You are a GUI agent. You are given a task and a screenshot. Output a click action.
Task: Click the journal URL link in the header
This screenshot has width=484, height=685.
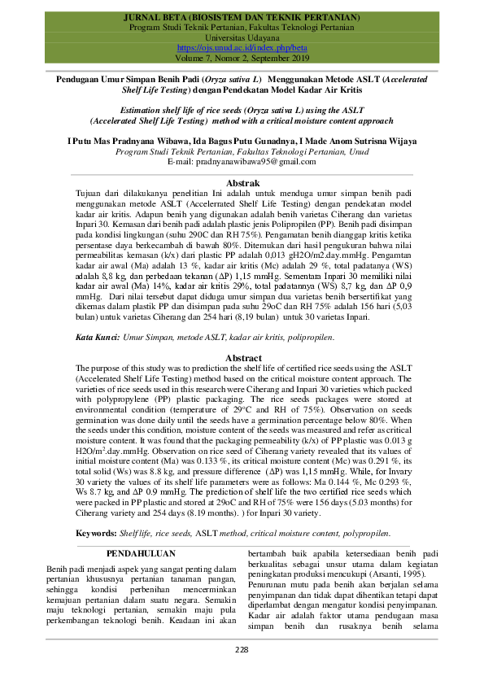242,48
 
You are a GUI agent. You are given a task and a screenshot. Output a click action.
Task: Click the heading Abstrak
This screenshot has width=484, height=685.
242,183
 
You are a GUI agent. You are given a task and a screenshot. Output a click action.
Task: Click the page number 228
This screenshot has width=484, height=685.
242,649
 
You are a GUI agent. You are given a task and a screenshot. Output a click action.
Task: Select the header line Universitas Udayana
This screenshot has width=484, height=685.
242,37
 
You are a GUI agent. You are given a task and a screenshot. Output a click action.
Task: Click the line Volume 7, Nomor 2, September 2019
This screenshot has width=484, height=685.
242,58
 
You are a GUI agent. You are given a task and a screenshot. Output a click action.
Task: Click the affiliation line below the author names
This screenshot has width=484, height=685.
242,152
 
